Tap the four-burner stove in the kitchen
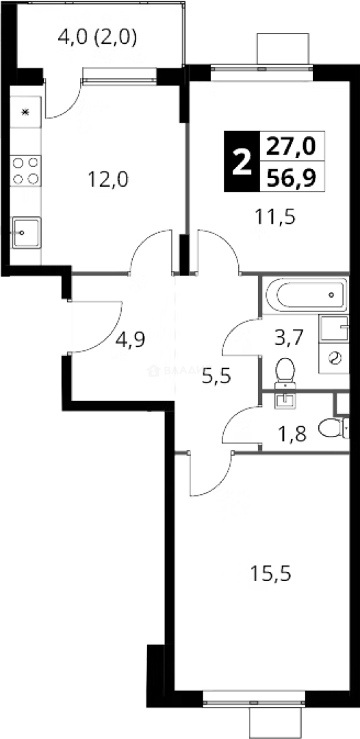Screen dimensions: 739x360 (x=25, y=170)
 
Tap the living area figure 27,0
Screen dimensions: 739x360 (x=292, y=145)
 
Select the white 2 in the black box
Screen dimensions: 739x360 (x=240, y=161)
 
